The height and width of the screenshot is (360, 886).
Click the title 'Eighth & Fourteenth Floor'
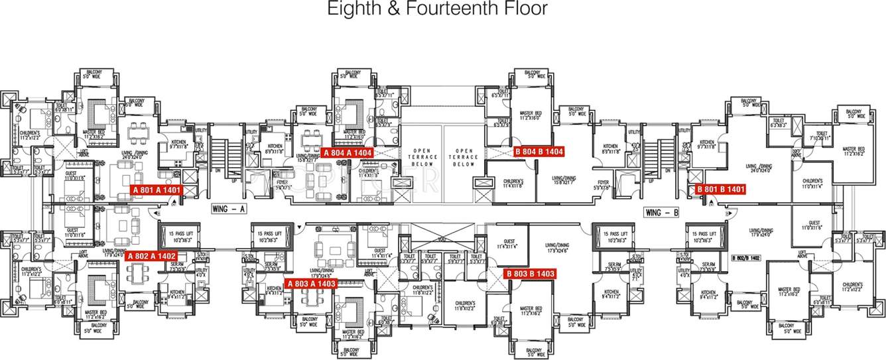pos(438,9)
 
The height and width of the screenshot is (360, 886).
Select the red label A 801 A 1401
pos(157,190)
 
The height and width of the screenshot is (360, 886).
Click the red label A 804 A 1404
pos(348,152)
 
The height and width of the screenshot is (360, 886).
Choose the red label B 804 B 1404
pos(538,151)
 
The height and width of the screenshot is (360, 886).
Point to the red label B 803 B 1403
pos(529,273)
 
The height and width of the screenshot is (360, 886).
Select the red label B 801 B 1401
pos(721,189)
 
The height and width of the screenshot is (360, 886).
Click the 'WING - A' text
pos(229,209)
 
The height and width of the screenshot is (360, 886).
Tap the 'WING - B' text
pos(662,212)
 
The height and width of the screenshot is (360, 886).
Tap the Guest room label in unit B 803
pos(509,243)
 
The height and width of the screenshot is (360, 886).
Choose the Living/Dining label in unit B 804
pos(566,178)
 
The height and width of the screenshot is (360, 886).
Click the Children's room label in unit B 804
pos(513,183)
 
